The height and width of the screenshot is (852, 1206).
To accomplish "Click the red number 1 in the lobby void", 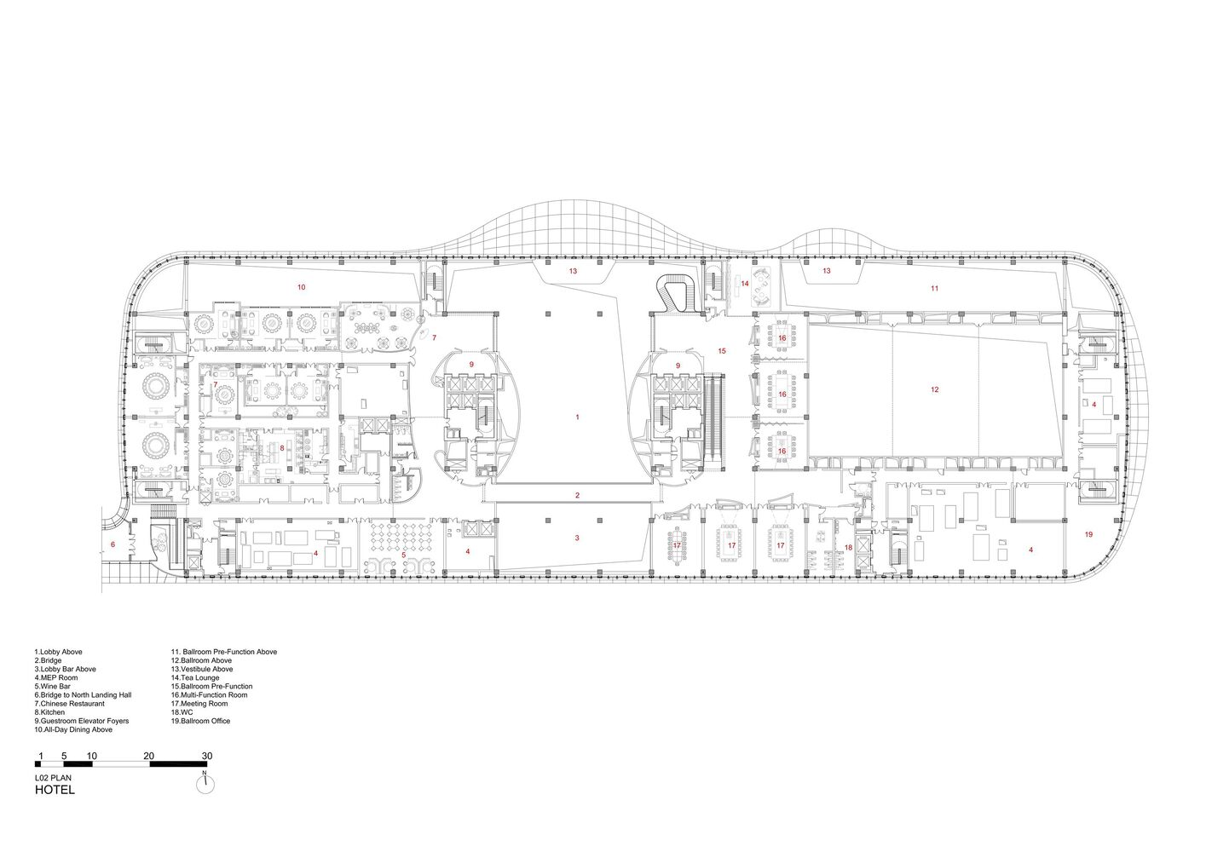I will pos(577,417).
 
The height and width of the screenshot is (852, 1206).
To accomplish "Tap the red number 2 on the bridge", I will pos(577,495).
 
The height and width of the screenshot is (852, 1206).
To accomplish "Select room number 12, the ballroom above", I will pos(934,389).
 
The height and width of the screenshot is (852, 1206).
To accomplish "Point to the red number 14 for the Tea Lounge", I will pos(744,284).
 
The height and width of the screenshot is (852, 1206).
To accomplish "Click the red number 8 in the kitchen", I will pos(282,447).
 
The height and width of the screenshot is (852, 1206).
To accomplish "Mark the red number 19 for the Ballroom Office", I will pos(1088,534).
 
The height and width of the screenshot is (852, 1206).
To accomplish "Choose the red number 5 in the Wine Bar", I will pos(404,555).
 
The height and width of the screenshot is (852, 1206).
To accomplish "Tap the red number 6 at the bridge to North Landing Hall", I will pos(113,544).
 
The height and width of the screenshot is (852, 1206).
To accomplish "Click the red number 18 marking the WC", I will pos(848,548).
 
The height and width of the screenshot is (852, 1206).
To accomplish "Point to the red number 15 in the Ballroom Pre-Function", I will pos(722,351).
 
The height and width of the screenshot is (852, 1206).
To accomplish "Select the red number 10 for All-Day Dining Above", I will pos(301,287).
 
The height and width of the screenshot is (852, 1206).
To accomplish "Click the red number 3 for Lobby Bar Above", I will pos(577,538).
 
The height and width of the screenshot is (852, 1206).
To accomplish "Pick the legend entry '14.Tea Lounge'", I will pos(195,678).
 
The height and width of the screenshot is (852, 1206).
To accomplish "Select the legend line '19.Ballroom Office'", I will pos(200,721).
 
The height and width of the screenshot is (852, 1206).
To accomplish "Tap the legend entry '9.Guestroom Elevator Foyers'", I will pos(82,721).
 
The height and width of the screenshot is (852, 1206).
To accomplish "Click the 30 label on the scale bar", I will pos(207,756).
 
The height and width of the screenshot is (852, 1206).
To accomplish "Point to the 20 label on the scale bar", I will pos(149,756).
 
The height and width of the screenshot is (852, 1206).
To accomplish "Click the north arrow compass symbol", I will pos(205,785).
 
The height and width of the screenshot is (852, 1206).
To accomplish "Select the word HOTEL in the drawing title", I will pos(55,790).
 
